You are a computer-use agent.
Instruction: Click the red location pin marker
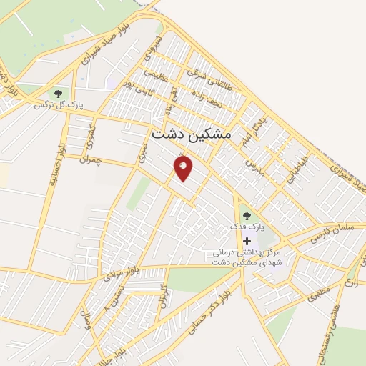[x=183, y=168]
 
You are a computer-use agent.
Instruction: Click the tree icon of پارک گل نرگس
[x=57, y=93]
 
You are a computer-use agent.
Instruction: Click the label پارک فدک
[x=247, y=227]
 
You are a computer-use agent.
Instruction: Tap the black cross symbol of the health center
[x=247, y=242]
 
